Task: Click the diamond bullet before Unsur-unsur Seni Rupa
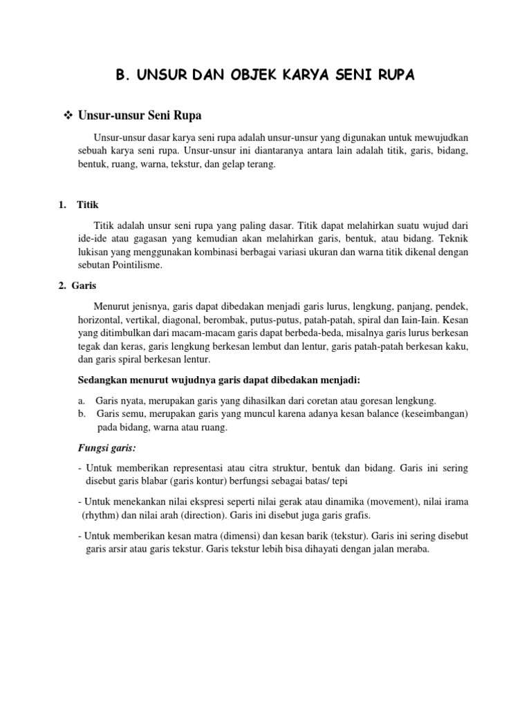coord(68,115)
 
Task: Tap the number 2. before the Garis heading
coord(62,285)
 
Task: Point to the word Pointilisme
coord(137,265)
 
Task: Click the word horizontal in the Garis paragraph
coord(98,320)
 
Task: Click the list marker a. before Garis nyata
coord(82,400)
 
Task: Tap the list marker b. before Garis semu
coord(82,413)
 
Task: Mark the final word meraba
coord(413,550)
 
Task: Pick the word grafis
coord(355,515)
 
